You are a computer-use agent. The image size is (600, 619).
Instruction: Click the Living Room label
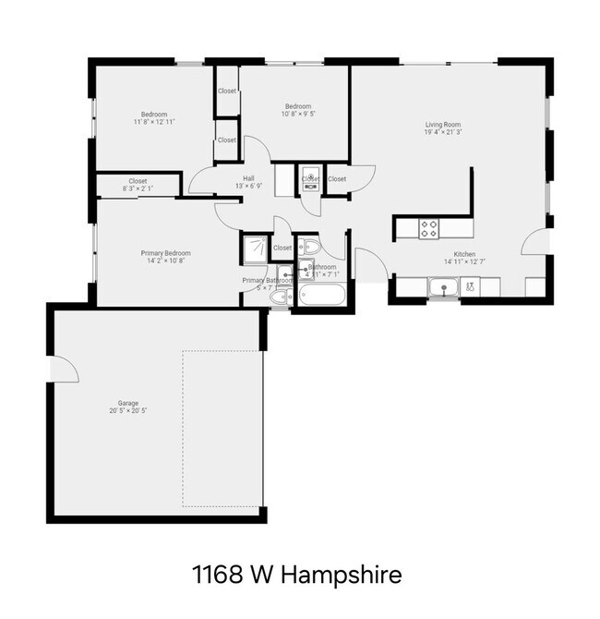tap(443, 125)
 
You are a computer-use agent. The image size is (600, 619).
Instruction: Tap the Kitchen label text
tap(463, 254)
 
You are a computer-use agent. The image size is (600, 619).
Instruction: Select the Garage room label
tap(127, 403)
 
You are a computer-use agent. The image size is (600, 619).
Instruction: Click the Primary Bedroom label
tap(166, 253)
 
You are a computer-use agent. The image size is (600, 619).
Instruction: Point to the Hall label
tap(248, 178)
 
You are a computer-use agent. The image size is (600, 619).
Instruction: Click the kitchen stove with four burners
tap(429, 227)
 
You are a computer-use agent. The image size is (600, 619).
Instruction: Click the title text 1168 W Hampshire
tap(297, 576)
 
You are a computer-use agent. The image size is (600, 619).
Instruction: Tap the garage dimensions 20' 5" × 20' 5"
tap(127, 410)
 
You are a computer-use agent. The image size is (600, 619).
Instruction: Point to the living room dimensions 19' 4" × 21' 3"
tap(443, 133)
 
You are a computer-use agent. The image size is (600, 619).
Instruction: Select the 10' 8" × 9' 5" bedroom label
tap(297, 115)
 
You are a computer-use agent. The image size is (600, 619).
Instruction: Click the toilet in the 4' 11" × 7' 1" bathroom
tap(312, 247)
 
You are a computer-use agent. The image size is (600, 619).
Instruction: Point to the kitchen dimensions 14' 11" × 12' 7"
tap(463, 262)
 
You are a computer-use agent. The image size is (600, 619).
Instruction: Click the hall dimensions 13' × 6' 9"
tap(248, 186)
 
